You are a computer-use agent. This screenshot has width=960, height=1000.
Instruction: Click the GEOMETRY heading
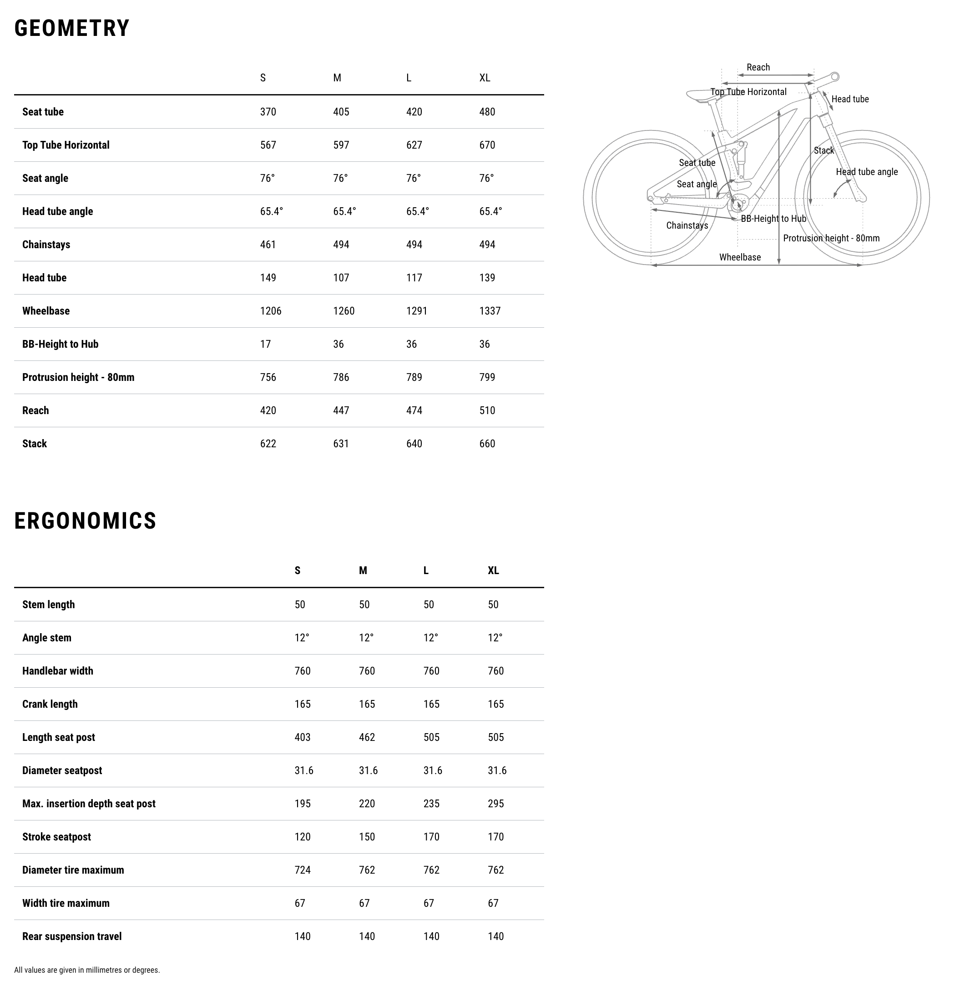pos(72,28)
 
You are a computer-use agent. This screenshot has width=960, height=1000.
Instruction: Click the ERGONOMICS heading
pos(85,521)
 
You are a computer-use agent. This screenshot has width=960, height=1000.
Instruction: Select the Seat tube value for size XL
pos(487,112)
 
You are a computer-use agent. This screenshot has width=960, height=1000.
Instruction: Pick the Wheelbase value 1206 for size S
pos(270,311)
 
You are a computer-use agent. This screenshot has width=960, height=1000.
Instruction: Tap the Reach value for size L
pos(414,410)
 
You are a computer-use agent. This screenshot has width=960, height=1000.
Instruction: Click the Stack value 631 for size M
pos(341,443)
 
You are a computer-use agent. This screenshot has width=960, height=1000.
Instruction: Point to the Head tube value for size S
pos(268,278)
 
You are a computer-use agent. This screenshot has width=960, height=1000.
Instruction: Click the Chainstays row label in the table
pos(46,245)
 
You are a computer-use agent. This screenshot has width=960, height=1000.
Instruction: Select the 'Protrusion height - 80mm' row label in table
pos(78,377)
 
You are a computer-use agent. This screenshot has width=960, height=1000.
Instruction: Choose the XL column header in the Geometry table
pos(484,78)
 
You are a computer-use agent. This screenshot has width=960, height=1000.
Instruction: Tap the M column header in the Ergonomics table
pos(363,570)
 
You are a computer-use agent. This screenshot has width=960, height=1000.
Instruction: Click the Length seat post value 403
pos(302,737)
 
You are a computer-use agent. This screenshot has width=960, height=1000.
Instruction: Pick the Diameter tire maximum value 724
pos(302,870)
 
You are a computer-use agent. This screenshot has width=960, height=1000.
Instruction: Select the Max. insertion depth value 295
pos(495,804)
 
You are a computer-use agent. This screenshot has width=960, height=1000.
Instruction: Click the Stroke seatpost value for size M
pos(367,837)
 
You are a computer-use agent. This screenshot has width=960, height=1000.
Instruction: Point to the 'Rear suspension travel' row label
pos(72,936)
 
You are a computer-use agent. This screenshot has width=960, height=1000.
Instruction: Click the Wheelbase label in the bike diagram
pos(739,257)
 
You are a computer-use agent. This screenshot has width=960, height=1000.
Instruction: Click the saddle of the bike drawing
pos(700,95)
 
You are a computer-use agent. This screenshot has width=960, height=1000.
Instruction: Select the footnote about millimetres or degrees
pos(87,970)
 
